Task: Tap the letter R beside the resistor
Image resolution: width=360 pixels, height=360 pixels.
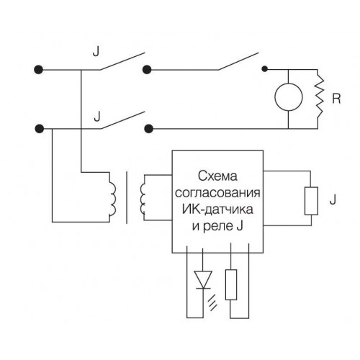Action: click(336, 99)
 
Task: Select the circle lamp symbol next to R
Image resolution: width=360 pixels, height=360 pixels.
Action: click(288, 97)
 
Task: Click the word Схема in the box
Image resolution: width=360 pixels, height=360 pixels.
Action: click(217, 176)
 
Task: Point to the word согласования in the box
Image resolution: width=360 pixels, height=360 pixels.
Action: click(217, 192)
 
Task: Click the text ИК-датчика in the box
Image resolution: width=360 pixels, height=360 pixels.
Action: click(217, 209)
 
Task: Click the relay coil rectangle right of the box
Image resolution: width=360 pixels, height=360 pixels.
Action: click(311, 201)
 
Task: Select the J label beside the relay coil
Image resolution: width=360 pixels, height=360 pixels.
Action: click(333, 199)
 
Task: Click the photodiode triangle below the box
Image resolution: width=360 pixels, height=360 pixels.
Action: click(203, 280)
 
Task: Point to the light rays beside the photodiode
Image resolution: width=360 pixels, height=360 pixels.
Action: click(213, 303)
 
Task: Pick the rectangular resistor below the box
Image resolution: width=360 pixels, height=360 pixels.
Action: click(231, 284)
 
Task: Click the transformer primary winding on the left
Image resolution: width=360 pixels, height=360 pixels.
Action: click(112, 198)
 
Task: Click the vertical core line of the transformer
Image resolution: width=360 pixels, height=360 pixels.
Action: click(127, 197)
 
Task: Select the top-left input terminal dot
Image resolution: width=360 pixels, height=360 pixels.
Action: click(38, 70)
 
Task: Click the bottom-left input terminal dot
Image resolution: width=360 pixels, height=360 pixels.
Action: click(40, 129)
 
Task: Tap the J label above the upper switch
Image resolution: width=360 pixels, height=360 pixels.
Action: click(96, 51)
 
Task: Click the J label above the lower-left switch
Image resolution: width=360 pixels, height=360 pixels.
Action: click(97, 117)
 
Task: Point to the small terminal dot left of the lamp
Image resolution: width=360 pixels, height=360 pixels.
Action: click(264, 69)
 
